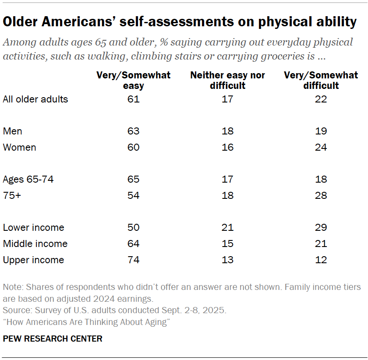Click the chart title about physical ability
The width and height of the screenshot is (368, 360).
pyautogui.click(x=180, y=22)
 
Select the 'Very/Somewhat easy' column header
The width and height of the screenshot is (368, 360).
pyautogui.click(x=134, y=81)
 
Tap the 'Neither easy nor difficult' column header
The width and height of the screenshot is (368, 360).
pyautogui.click(x=227, y=81)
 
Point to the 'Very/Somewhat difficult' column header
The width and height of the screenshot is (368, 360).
pyautogui.click(x=321, y=81)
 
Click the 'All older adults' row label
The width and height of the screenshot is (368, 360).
pyautogui.click(x=35, y=99)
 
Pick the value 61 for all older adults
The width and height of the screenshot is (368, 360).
pyautogui.click(x=134, y=99)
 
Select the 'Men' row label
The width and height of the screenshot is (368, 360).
pyautogui.click(x=12, y=131)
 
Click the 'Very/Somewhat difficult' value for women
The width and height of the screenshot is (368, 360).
pyautogui.click(x=321, y=147)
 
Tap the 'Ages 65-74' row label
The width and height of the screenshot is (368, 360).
pyautogui.click(x=28, y=179)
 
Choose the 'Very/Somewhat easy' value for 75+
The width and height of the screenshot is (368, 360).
pyautogui.click(x=134, y=195)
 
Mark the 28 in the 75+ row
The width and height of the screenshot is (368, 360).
pyautogui.click(x=321, y=195)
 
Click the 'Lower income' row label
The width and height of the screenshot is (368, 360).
pyautogui.click(x=33, y=228)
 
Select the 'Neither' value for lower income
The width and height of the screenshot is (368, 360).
pyautogui.click(x=227, y=228)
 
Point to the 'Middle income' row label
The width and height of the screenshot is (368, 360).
pyautogui.click(x=35, y=244)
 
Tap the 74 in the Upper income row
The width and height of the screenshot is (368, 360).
pyautogui.click(x=134, y=260)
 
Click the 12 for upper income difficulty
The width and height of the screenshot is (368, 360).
pyautogui.click(x=321, y=260)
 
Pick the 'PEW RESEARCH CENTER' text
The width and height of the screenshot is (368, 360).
pyautogui.click(x=53, y=339)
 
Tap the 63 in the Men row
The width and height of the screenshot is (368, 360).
pyautogui.click(x=134, y=131)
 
